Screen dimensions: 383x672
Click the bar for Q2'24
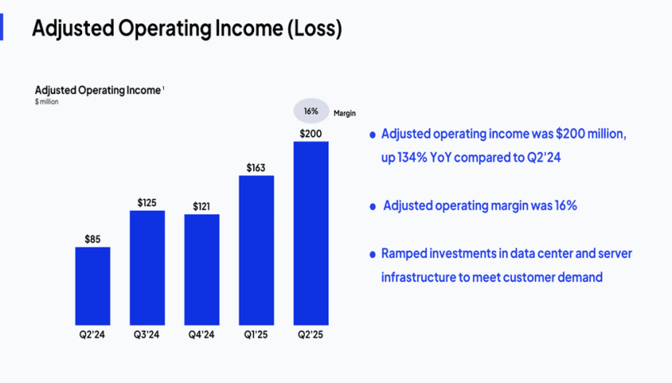(93, 285)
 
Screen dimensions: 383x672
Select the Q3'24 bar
(147, 267)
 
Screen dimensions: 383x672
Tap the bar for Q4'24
(202, 268)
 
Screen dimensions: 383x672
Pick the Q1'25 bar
(256, 249)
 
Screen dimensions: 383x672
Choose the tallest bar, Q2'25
(311, 233)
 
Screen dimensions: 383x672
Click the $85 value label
(93, 238)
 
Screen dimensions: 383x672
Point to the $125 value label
(147, 202)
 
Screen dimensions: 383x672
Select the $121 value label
(203, 206)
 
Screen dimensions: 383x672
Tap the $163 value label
(256, 167)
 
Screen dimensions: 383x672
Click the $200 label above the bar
(311, 133)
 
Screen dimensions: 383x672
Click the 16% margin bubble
(311, 111)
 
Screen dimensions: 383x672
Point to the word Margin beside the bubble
(345, 114)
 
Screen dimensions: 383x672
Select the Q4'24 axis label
(202, 334)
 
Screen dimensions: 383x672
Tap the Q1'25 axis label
(256, 334)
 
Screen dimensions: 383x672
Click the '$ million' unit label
(47, 102)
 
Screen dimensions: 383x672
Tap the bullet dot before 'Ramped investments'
(372, 254)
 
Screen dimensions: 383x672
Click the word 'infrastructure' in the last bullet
(422, 277)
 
